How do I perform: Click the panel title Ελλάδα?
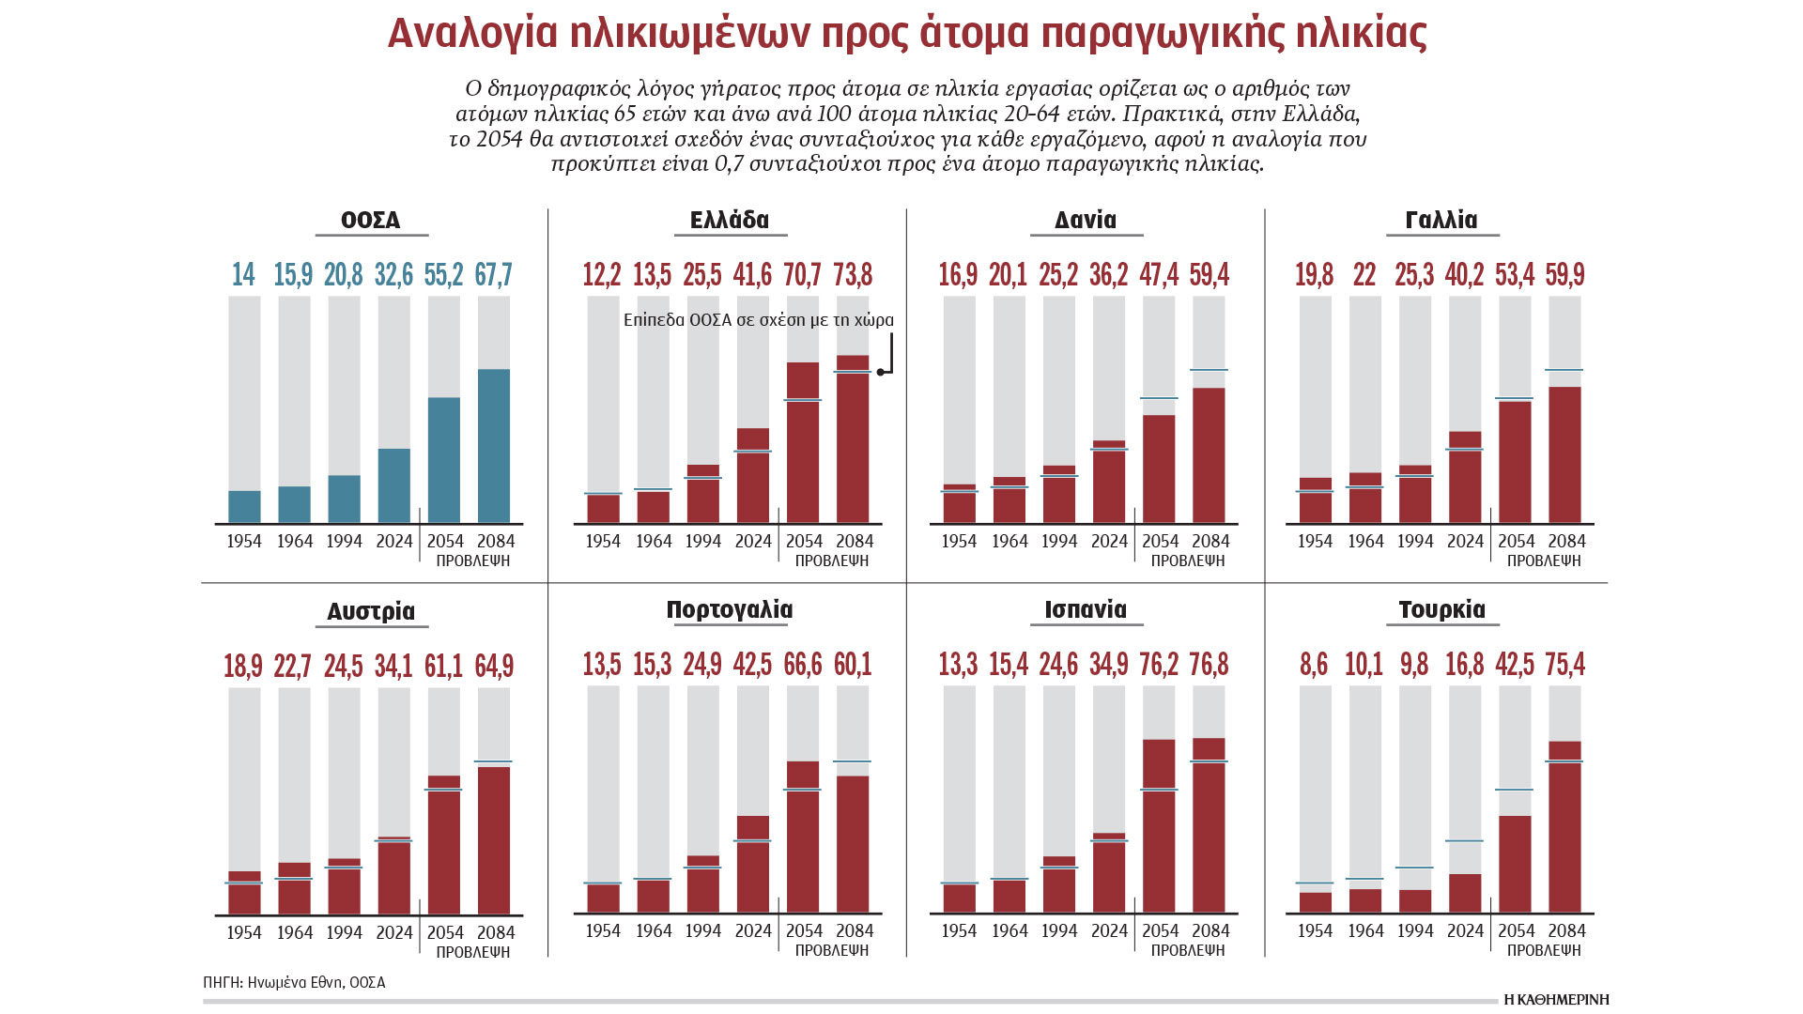[x=729, y=220]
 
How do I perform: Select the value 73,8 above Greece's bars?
[x=853, y=274]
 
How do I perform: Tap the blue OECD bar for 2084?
[x=494, y=445]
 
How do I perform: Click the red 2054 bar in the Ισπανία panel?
[x=1159, y=825]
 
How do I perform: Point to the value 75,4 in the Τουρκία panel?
[x=1565, y=665]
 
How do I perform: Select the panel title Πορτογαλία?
[x=729, y=609]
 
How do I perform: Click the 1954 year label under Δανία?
[x=959, y=542]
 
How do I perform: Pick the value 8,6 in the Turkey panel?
[x=1314, y=665]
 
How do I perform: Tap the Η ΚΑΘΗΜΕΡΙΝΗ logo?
[x=1556, y=1000]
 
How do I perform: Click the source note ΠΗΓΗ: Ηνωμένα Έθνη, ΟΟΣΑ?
[x=294, y=983]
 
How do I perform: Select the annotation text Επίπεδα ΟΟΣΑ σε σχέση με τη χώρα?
[x=758, y=320]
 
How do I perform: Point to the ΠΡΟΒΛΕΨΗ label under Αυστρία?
[x=473, y=952]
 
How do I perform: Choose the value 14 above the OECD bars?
[x=243, y=274]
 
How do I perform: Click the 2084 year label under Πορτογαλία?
[x=855, y=931]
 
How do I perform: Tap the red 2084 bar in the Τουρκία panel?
[x=1565, y=826]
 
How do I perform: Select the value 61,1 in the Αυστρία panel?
[x=443, y=666]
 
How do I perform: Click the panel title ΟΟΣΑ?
[x=370, y=220]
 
